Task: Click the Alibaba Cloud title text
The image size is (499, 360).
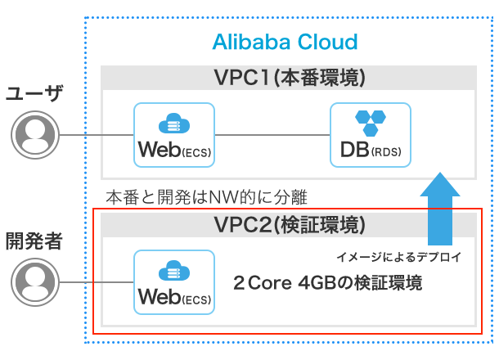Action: coord(285,42)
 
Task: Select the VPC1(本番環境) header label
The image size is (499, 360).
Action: coord(288,78)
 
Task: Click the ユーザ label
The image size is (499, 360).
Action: coord(34,92)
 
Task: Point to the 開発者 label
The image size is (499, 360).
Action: coord(34,241)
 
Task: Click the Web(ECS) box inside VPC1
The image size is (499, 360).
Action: coord(174,135)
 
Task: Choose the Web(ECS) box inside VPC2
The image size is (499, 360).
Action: coord(174,282)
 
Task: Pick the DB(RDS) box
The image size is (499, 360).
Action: coord(370,135)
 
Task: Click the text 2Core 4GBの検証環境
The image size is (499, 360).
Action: coord(327,284)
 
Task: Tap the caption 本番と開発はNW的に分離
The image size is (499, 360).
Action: coord(205,197)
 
